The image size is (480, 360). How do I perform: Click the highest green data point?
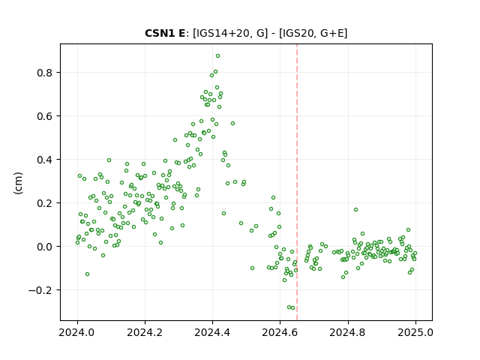pos(217,56)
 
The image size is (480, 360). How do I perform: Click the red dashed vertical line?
pos(297,182)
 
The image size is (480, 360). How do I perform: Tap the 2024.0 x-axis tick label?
pos(77,332)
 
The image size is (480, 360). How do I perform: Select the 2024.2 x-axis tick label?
pos(145,332)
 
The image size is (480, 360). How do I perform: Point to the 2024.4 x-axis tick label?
pos(212,332)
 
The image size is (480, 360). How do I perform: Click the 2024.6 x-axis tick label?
pos(280,332)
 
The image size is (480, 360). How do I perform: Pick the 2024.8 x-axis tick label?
pos(348,332)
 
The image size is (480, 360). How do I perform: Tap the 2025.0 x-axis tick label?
pos(415,332)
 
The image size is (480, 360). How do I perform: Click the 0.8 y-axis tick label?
pos(45,73)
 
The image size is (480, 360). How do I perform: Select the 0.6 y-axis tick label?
pos(45,116)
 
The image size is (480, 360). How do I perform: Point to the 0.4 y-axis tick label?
pos(45,160)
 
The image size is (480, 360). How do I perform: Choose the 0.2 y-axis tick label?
pos(45,203)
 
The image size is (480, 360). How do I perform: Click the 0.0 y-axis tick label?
pos(45,247)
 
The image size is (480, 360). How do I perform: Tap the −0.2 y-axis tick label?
pos(40,290)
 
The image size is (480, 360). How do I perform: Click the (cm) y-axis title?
pos(18,183)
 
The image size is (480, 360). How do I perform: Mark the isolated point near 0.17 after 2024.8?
pos(355,210)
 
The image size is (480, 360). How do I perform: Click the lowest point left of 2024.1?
pos(87,274)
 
